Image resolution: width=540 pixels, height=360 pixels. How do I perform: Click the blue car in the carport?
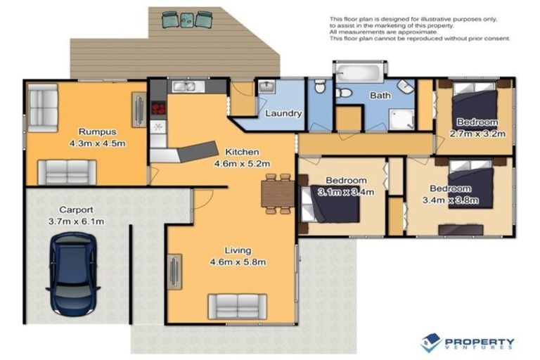(x=73, y=273)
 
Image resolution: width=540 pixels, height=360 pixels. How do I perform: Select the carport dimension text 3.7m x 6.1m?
(x=81, y=221)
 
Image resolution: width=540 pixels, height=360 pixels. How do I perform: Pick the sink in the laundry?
(x=266, y=87)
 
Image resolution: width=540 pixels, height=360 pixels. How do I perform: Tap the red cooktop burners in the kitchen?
(x=157, y=108)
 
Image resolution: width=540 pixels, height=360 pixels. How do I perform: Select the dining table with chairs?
(x=277, y=192)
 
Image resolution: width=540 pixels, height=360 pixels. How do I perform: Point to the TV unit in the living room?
(x=174, y=270)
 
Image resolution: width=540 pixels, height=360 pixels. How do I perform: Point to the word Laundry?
(x=283, y=113)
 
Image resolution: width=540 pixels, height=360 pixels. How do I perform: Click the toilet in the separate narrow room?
(x=320, y=87)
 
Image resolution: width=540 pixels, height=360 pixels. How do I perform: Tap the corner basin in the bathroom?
(x=406, y=86)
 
